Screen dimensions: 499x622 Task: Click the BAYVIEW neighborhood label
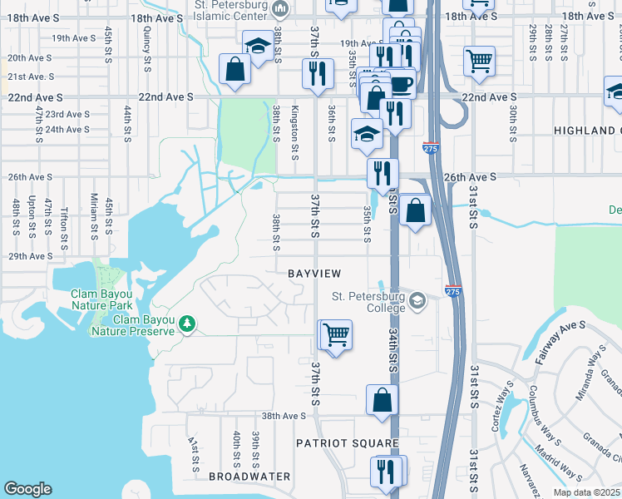(315, 274)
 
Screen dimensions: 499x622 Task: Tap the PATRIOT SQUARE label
(348, 443)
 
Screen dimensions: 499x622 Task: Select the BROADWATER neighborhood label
(249, 477)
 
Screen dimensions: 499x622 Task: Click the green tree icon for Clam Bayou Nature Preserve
(188, 323)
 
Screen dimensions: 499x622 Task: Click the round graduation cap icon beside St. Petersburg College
(417, 300)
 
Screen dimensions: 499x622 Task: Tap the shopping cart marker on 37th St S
(336, 336)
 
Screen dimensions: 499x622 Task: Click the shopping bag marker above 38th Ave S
(382, 400)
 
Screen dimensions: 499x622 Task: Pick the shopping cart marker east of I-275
(479, 61)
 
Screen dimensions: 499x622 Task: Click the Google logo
(27, 489)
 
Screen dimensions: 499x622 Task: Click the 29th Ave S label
(30, 256)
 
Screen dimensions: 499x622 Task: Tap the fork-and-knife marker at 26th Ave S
(383, 174)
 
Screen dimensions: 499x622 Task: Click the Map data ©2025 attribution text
(587, 492)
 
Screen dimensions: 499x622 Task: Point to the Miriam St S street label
(94, 215)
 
